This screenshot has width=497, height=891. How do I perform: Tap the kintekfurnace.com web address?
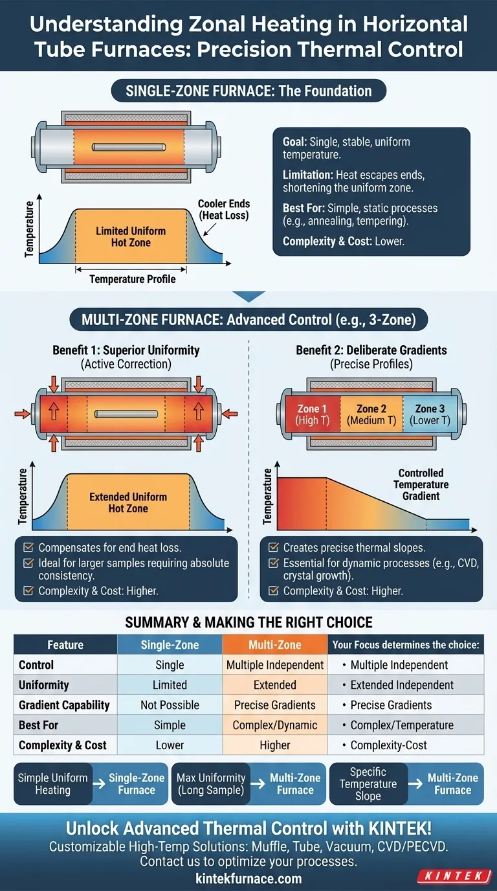pos(248,879)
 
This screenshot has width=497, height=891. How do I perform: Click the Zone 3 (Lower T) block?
pos(426,414)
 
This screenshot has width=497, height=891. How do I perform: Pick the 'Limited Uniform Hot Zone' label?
pos(131,237)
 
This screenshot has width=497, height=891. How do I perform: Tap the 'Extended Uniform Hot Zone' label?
pos(128,502)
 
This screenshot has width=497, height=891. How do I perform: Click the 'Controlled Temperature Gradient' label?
pos(421,484)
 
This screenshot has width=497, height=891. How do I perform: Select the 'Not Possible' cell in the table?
pos(170,705)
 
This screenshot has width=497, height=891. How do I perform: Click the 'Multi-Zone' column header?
pos(274,645)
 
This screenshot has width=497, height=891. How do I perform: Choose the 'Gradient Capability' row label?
pos(64,705)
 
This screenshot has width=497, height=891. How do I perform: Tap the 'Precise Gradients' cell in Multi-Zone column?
pos(274,705)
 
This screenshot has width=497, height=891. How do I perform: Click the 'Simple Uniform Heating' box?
pos(52,784)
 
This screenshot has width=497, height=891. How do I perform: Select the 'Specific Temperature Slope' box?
pos(368,784)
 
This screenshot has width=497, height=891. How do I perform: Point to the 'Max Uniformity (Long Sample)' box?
pos(212,784)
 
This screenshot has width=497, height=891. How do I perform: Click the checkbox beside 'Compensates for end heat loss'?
pos(28,548)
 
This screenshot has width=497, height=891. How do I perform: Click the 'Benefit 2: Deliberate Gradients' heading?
pos(371,350)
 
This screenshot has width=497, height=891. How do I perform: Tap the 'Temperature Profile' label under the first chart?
pos(132,279)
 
